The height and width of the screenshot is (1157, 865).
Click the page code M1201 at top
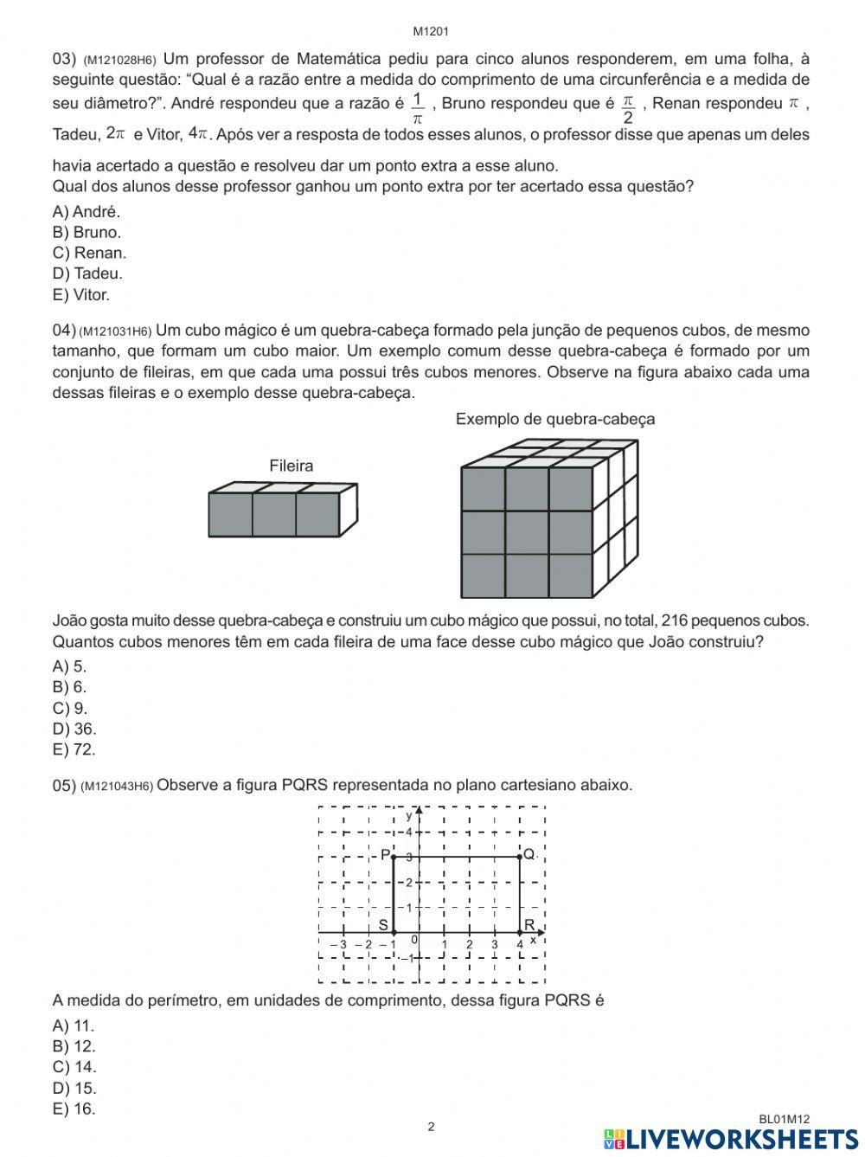click(430, 32)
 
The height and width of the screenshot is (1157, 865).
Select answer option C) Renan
click(89, 253)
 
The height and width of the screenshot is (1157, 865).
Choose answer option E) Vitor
click(81, 294)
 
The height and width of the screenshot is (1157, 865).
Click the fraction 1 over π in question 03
click(418, 108)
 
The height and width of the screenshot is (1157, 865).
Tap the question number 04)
click(64, 331)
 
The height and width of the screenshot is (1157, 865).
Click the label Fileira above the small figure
click(291, 466)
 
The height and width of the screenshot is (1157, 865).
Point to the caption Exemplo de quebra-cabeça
click(554, 419)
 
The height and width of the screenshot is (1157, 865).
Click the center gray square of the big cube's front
click(527, 532)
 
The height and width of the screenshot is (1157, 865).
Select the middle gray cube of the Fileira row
click(274, 515)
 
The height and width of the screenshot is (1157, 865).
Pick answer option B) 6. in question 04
click(69, 687)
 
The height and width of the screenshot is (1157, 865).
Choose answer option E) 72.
click(74, 749)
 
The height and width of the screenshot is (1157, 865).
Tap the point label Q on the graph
click(529, 854)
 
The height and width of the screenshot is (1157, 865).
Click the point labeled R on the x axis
click(529, 925)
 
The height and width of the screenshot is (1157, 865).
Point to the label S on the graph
click(383, 924)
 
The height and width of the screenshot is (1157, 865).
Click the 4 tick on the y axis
click(410, 832)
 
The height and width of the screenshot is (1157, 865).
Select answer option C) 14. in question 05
click(74, 1067)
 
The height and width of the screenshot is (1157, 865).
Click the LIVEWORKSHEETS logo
click(731, 1139)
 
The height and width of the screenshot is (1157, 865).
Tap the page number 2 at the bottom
click(431, 1127)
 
